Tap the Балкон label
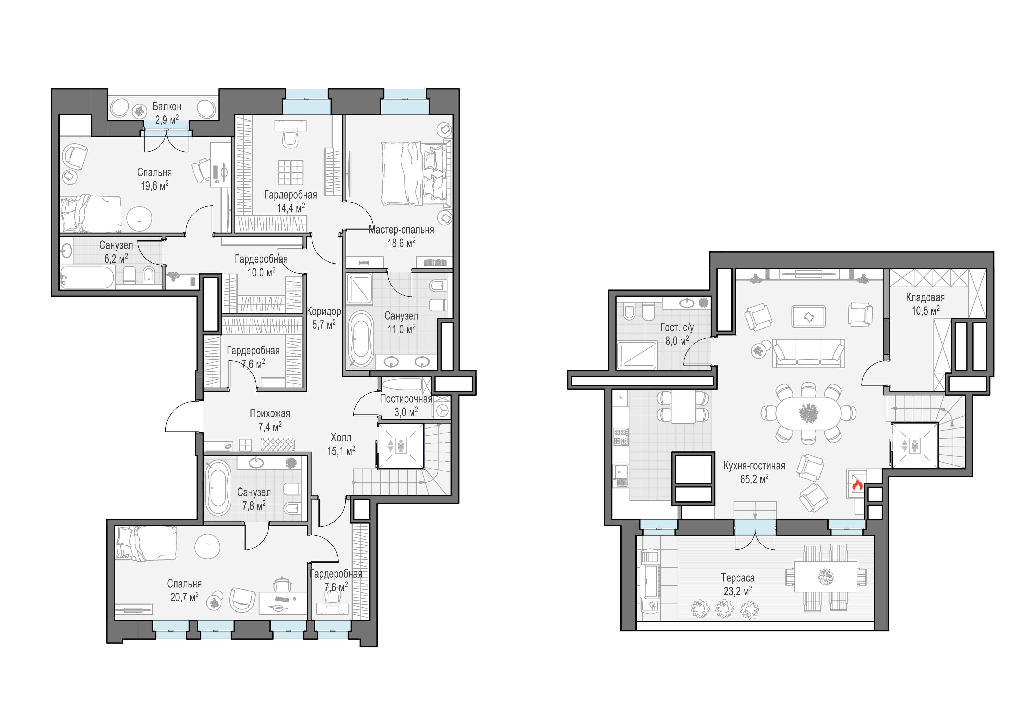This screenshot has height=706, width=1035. point(167,106)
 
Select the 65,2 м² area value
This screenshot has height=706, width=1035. point(754,479)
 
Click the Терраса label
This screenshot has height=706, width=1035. point(738,578)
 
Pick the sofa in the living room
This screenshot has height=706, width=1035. point(808,353)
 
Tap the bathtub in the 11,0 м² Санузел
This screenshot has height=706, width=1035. point(360,339)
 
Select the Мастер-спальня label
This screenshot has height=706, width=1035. point(401,230)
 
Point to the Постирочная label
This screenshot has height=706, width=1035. point(406,399)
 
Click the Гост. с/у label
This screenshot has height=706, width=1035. point(677,327)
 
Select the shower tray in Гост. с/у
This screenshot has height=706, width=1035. point(637,355)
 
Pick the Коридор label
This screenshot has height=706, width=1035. point(324,311)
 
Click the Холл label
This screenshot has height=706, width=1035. point(341,438)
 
